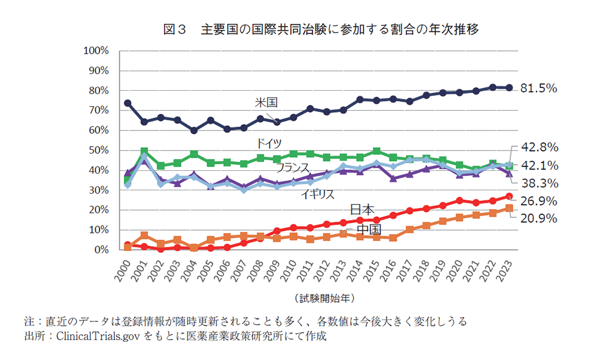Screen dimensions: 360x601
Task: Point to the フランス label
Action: (292, 167)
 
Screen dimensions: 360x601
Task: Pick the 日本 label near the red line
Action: (362, 210)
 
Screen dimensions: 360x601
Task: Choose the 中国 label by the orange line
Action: (369, 230)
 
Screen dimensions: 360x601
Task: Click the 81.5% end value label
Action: (538, 88)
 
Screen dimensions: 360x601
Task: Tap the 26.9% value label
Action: (538, 201)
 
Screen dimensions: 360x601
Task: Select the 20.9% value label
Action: (538, 219)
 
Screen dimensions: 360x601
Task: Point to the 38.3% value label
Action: (538, 183)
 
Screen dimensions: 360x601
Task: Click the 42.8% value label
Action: (538, 148)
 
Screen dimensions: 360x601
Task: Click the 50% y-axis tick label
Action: (97, 151)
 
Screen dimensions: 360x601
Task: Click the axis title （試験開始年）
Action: (323, 297)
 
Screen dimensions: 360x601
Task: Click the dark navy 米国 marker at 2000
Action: (128, 103)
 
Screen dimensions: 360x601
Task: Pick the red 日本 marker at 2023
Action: (509, 197)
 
